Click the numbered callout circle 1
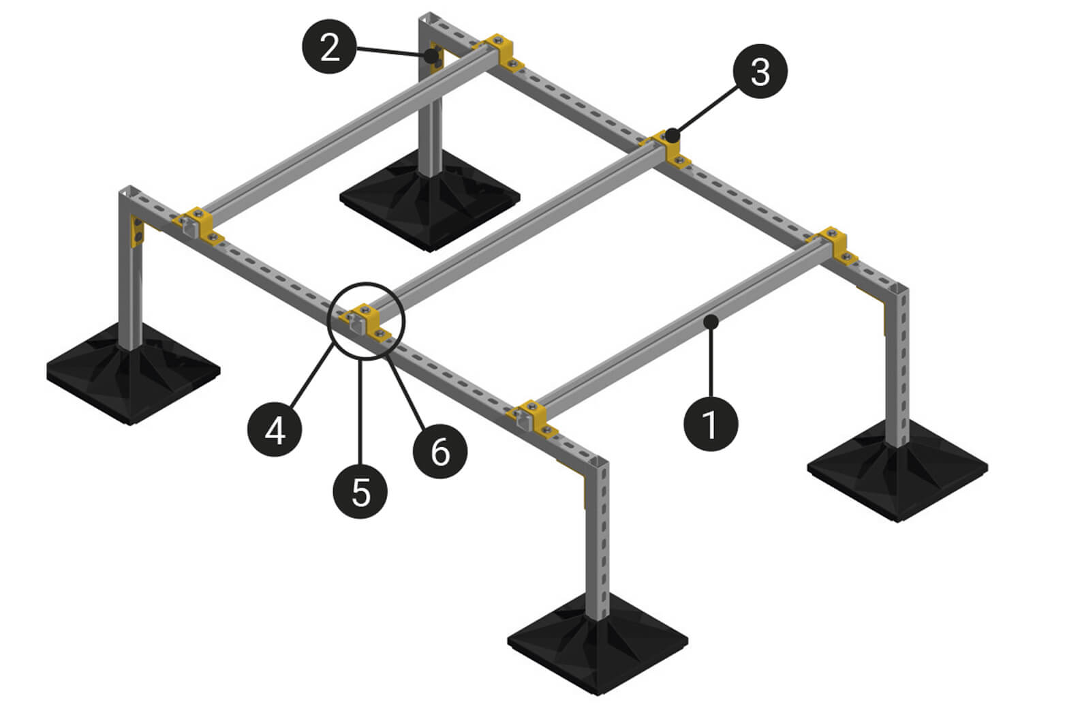[711, 424]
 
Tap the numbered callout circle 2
[330, 46]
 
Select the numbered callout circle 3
[760, 71]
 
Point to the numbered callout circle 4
[275, 429]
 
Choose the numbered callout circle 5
[360, 491]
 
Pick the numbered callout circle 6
[439, 451]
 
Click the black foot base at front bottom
[598, 645]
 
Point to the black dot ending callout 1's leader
[711, 322]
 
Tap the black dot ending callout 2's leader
[432, 56]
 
